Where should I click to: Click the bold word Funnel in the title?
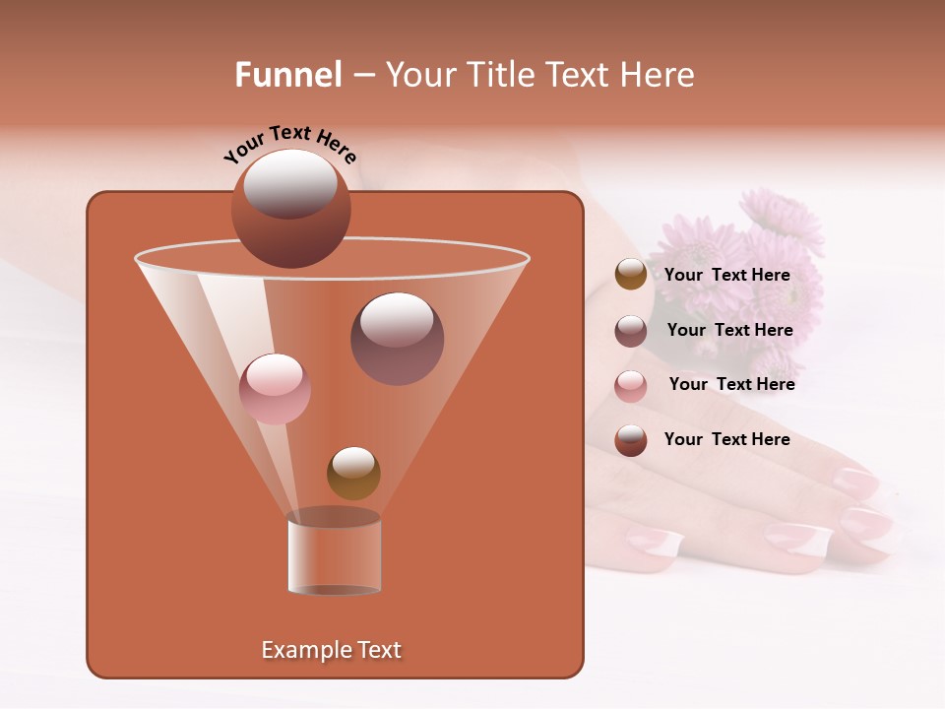287,75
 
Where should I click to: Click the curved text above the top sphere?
289,143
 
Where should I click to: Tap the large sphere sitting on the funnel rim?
290,209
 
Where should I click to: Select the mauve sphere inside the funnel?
397,339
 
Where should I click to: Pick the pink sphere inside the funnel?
275,389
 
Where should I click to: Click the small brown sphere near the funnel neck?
353,474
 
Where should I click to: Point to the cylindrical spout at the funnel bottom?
335,553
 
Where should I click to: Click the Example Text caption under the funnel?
331,650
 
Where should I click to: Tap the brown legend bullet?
631,275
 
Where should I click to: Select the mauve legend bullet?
631,331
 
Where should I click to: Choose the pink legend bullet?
631,386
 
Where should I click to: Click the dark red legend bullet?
631,440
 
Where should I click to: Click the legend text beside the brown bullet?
726,275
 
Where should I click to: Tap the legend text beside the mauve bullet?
729,330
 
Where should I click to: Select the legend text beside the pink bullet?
731,384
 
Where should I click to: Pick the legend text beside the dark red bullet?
726,439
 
